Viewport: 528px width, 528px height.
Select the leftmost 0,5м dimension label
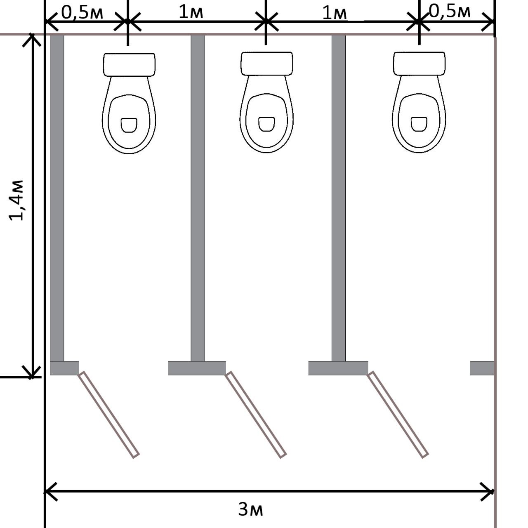coord(82,12)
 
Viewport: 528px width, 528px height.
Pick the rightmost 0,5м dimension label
coord(450,12)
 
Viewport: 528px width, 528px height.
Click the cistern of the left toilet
coord(129,65)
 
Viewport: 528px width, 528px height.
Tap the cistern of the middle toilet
coord(267,64)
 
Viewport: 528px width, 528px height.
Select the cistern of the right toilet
coord(419,64)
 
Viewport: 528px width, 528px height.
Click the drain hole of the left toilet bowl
coord(129,125)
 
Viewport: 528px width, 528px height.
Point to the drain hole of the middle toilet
coord(266,124)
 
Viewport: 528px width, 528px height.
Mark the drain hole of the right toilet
coord(419,124)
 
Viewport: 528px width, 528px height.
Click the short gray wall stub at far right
coord(482,368)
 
